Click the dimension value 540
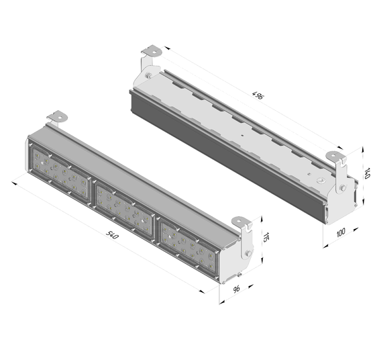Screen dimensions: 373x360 click(112, 235)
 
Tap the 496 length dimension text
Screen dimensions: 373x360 click(258, 95)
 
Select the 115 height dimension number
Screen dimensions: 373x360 click(266, 237)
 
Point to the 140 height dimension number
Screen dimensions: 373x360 click(366, 173)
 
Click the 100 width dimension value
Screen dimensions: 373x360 click(341, 232)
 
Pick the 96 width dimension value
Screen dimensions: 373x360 click(236, 289)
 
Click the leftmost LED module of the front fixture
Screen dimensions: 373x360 click(60, 173)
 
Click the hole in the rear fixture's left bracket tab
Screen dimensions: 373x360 click(154, 52)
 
